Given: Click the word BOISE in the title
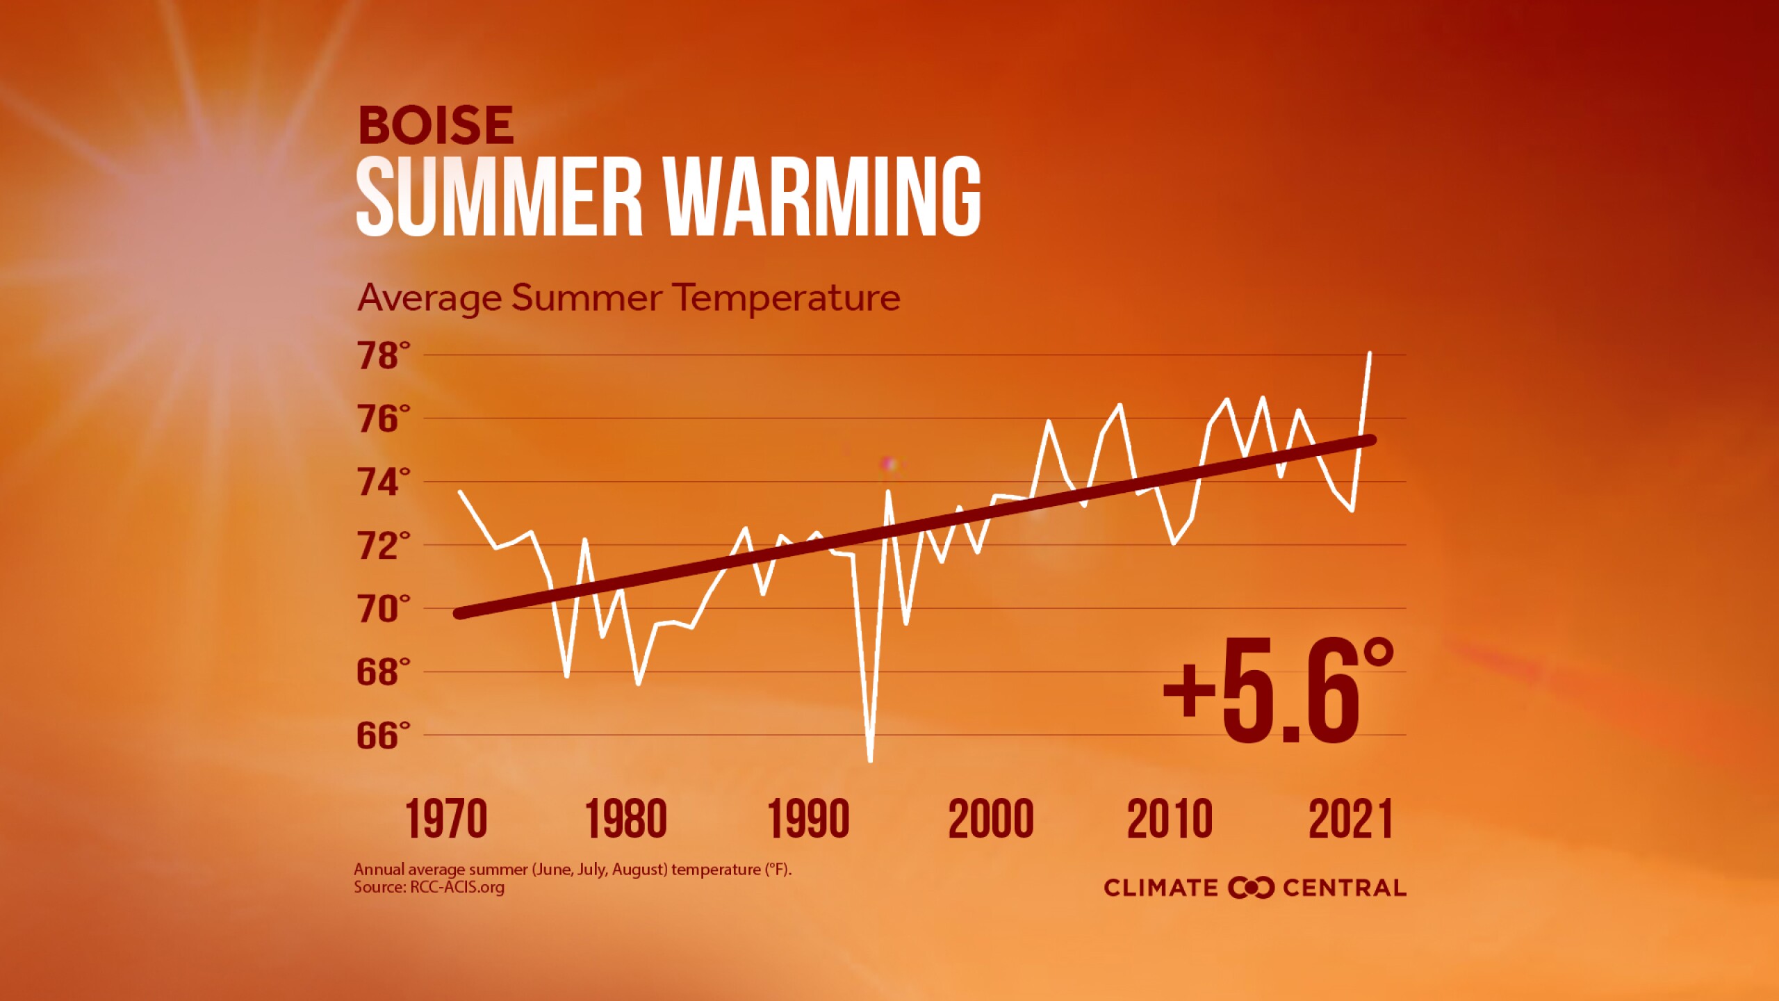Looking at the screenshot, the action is pyautogui.click(x=436, y=125).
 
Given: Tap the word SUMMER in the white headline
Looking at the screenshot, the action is pyautogui.click(x=499, y=196).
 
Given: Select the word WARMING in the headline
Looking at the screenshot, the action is pyautogui.click(x=822, y=196).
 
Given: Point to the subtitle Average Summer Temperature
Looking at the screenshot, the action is pyautogui.click(x=629, y=298).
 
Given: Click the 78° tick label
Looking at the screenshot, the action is pyautogui.click(x=384, y=355).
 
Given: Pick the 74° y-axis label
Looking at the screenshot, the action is pyautogui.click(x=384, y=482).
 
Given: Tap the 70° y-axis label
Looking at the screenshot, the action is pyautogui.click(x=384, y=609).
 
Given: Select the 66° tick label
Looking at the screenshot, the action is pyautogui.click(x=384, y=735).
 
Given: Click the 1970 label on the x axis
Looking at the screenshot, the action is pyautogui.click(x=446, y=819).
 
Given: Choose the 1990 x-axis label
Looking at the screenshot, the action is pyautogui.click(x=808, y=819).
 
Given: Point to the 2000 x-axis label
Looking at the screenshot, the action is pyautogui.click(x=990, y=819).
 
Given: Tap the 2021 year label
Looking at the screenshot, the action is pyautogui.click(x=1351, y=819).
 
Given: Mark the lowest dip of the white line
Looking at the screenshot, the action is pyautogui.click(x=871, y=761).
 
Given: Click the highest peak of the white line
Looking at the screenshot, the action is pyautogui.click(x=1370, y=353).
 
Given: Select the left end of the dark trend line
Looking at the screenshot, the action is pyautogui.click(x=459, y=613).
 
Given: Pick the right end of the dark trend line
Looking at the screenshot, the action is pyautogui.click(x=1371, y=440).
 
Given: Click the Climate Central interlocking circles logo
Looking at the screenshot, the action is pyautogui.click(x=1251, y=888).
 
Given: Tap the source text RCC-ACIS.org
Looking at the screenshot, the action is pyautogui.click(x=457, y=888).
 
